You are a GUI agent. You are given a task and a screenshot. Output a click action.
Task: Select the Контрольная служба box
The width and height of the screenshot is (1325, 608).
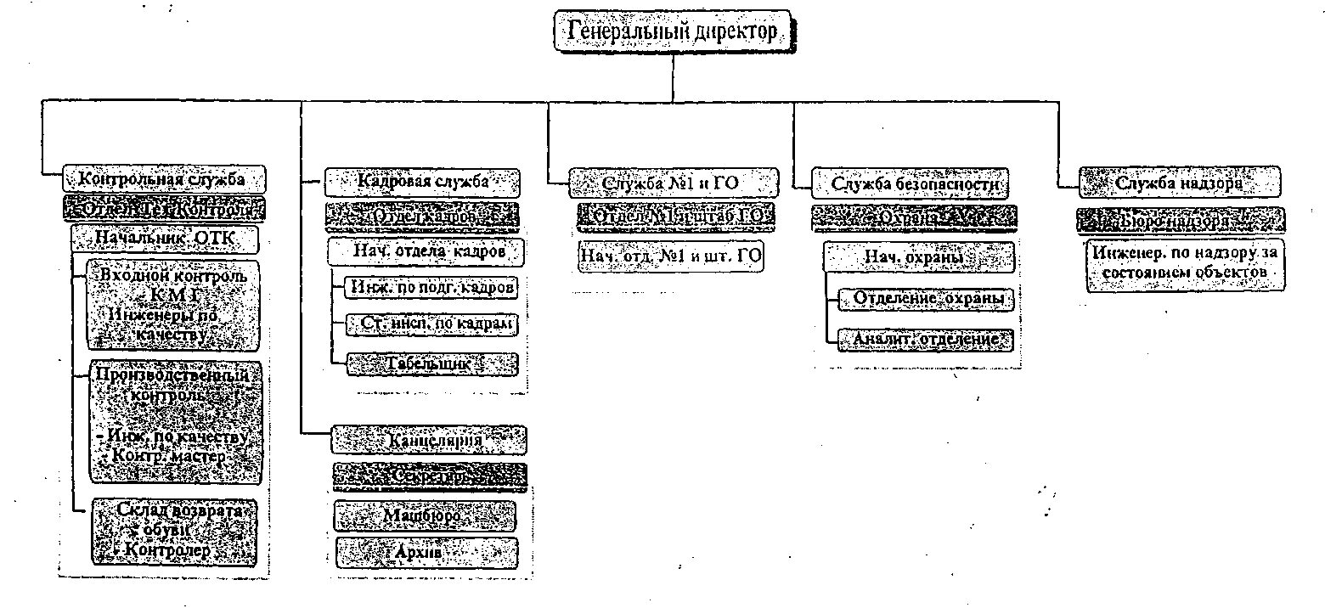click(x=162, y=179)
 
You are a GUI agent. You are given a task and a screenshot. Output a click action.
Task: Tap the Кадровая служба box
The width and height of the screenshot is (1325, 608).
click(x=422, y=181)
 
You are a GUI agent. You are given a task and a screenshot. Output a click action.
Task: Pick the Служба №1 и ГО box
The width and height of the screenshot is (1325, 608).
click(x=673, y=183)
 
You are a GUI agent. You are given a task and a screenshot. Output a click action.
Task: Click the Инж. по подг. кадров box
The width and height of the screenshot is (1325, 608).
click(x=431, y=287)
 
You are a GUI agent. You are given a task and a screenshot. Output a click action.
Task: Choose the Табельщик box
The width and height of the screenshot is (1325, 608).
click(x=431, y=363)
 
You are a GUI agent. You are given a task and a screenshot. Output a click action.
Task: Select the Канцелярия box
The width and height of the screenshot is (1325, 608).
click(x=429, y=440)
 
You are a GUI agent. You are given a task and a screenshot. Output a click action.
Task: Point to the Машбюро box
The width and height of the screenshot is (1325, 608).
click(x=425, y=515)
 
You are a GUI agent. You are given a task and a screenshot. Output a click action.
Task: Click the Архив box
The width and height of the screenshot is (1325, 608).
click(x=425, y=553)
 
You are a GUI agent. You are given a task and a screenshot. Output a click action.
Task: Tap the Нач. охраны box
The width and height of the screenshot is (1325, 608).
click(x=919, y=256)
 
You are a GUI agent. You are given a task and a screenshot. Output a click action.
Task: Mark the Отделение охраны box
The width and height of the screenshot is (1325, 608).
click(x=925, y=299)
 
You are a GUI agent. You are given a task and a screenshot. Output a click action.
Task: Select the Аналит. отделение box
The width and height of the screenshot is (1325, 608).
click(x=925, y=340)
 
